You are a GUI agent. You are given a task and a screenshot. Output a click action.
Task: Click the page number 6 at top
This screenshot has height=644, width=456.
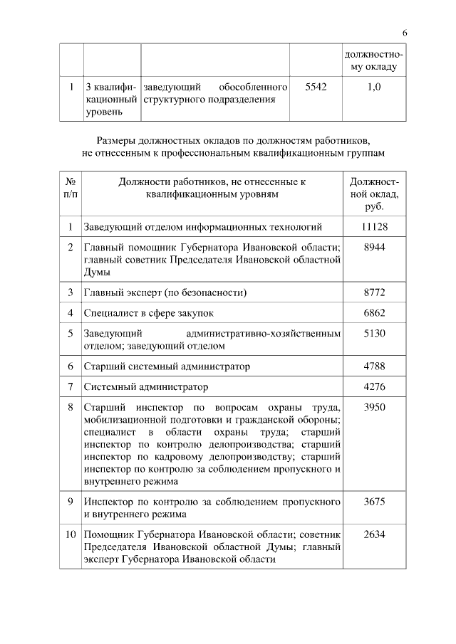tap(405, 33)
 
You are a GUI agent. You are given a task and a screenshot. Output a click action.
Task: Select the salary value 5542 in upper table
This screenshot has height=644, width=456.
tap(315, 87)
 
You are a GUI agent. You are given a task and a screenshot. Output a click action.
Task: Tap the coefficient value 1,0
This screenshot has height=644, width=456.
tap(374, 87)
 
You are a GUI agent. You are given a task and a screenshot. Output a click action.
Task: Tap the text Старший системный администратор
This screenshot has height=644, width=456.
tap(167, 366)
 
